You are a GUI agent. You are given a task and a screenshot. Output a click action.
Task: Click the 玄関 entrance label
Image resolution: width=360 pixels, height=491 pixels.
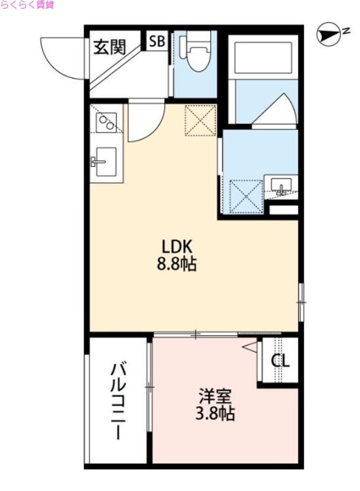click(110, 47)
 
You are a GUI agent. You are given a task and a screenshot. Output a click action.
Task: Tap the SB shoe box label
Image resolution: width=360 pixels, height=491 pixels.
click(157, 41)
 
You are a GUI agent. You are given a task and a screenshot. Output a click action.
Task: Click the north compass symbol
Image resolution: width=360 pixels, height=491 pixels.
click(329, 34)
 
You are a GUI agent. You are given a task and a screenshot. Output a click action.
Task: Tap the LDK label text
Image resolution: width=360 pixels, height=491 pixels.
click(178, 247)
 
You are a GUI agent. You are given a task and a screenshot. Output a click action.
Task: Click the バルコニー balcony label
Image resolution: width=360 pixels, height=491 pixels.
click(118, 402)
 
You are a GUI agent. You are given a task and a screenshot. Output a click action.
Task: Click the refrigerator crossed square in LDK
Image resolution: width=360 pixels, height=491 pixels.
click(200, 120)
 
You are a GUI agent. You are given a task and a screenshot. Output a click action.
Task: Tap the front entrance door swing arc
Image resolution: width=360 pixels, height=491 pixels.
click(64, 59)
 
